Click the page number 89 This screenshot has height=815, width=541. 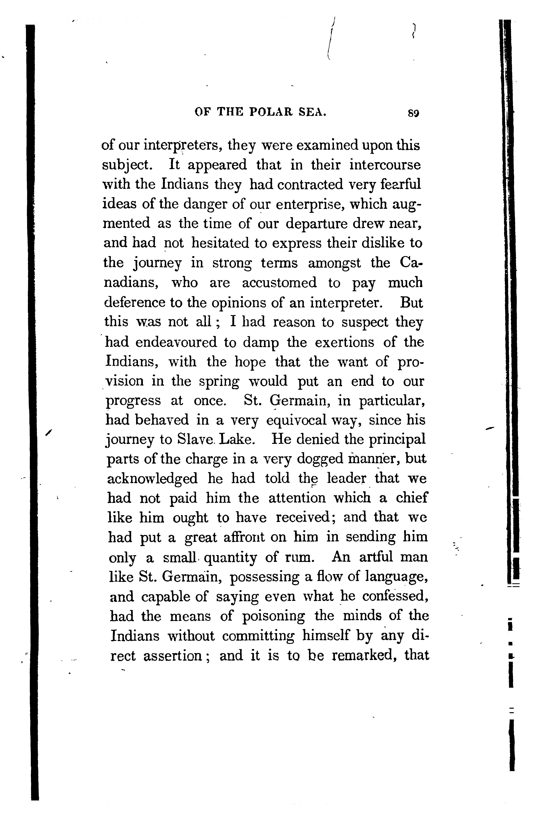click(x=413, y=113)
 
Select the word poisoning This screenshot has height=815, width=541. click(x=274, y=616)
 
